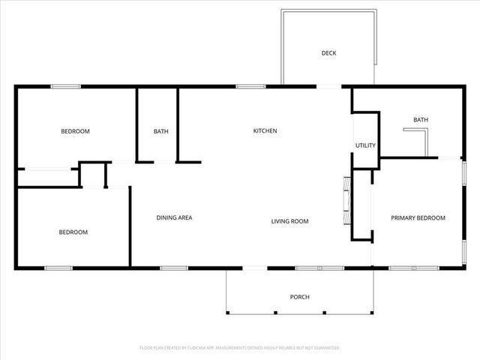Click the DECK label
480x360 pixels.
click(x=328, y=52)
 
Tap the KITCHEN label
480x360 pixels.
click(x=265, y=131)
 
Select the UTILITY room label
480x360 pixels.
click(x=365, y=145)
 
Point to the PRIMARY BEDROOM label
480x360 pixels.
click(x=418, y=218)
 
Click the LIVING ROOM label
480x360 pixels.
click(x=289, y=221)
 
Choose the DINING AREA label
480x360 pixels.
click(x=174, y=218)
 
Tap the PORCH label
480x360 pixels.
click(x=299, y=297)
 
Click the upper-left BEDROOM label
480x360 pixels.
click(x=75, y=132)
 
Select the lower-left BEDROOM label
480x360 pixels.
click(x=73, y=232)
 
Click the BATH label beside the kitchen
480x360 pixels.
click(x=160, y=132)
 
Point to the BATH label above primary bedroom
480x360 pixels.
click(x=420, y=120)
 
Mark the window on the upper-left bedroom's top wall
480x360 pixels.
click(x=66, y=87)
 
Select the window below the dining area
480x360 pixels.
click(x=173, y=268)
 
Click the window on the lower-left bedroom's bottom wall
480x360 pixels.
click(x=58, y=268)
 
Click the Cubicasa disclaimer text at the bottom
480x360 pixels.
click(x=240, y=348)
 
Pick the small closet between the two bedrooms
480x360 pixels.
click(x=93, y=175)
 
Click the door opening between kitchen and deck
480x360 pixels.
click(x=328, y=87)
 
